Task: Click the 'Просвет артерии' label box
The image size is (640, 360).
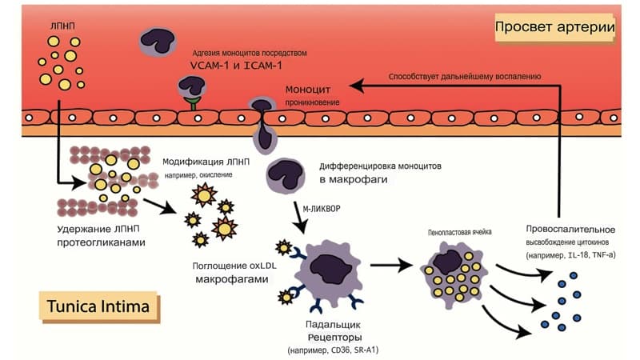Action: click(555, 27)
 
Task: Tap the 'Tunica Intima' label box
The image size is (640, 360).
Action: click(98, 306)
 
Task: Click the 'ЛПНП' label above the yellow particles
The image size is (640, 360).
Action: click(62, 26)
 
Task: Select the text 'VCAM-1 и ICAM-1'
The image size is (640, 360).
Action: click(236, 66)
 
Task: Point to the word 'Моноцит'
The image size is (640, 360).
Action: click(308, 90)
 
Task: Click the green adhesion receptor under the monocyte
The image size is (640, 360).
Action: click(192, 103)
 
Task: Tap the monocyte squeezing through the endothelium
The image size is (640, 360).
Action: click(262, 125)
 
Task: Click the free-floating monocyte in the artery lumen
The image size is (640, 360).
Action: click(158, 42)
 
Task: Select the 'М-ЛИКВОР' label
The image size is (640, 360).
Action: click(322, 209)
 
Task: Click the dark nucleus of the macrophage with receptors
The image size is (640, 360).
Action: click(330, 269)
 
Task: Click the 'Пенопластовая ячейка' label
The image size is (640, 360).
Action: click(459, 232)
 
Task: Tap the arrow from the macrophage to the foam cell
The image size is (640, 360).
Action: click(391, 266)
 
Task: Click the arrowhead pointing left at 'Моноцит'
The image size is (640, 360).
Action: click(356, 86)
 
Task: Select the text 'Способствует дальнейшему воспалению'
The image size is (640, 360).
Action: click(465, 76)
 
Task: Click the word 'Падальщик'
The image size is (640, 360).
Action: click(333, 325)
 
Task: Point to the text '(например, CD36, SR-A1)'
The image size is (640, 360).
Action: click(333, 350)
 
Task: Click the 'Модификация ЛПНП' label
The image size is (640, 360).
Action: click(206, 162)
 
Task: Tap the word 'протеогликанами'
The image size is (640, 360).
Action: click(102, 242)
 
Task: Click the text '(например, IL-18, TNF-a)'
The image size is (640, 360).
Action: click(570, 255)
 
